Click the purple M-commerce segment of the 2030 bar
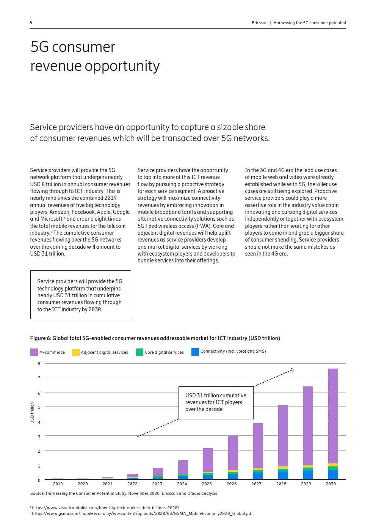point(333,415)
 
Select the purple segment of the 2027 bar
point(258,446)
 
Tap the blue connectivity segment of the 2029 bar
point(308,475)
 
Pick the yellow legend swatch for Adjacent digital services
point(76,352)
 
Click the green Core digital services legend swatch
point(139,352)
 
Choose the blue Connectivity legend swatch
point(195,352)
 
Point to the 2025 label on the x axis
point(207,484)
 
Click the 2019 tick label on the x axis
point(58,484)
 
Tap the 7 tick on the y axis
point(39,378)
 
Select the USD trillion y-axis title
point(32,413)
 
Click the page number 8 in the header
point(31,23)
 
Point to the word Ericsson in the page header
point(259,23)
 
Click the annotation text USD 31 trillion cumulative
point(216,395)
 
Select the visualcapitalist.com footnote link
point(105,508)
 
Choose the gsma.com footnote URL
point(142,514)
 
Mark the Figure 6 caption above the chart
point(155,338)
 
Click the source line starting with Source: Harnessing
point(124,493)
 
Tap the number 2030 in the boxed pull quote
point(95,309)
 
